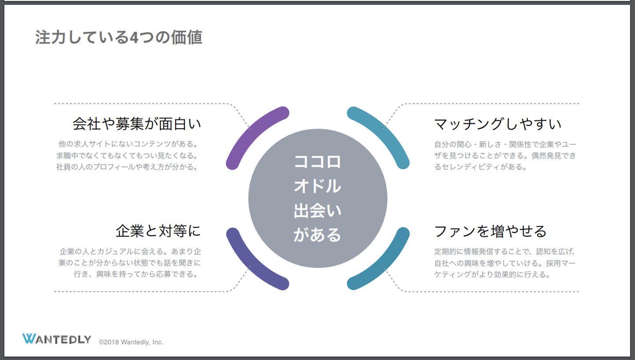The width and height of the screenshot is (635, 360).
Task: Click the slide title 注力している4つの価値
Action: click(118, 38)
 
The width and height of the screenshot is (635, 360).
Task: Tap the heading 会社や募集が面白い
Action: click(137, 124)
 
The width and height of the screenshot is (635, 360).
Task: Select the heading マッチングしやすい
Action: click(498, 124)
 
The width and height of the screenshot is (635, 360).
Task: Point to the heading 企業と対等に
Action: click(158, 230)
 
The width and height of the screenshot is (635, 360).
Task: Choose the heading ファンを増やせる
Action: click(490, 230)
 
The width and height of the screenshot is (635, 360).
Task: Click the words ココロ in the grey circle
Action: click(317, 161)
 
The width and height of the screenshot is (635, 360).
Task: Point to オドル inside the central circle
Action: click(317, 186)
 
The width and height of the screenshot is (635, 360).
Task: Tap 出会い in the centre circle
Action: click(317, 211)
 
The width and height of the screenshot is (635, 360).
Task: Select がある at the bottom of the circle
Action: click(317, 235)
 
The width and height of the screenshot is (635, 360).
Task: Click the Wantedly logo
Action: click(56, 339)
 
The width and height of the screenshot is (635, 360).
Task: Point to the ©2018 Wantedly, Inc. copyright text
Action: click(131, 342)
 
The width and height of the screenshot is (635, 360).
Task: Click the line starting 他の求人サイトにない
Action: click(128, 144)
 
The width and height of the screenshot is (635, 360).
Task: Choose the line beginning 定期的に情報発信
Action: click(505, 252)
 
